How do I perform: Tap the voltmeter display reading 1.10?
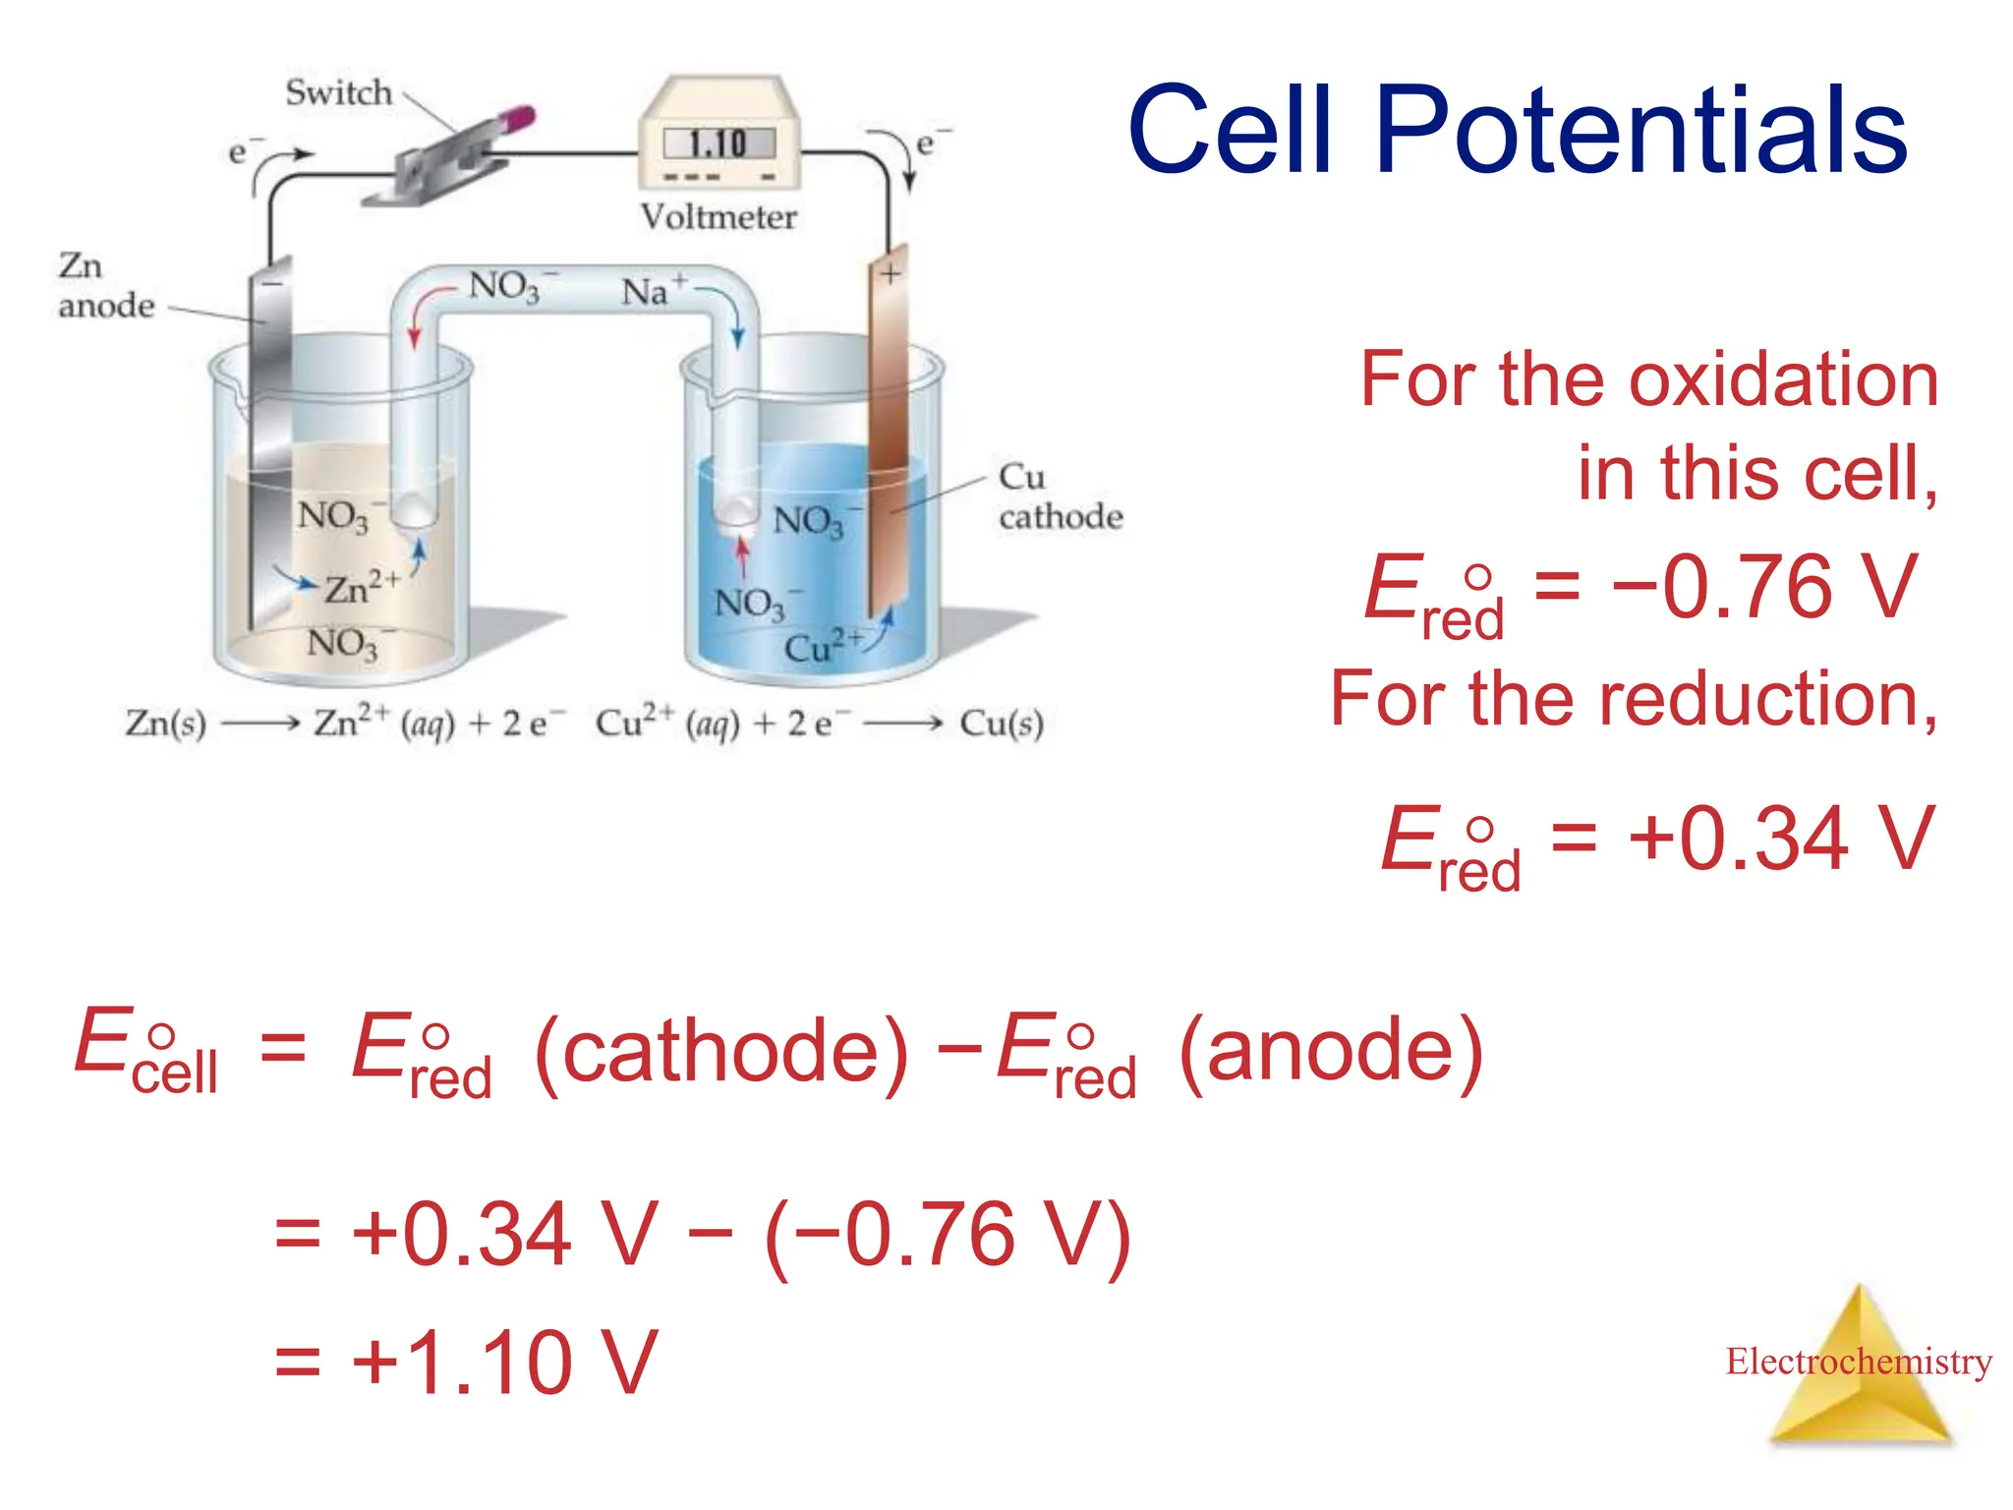719,145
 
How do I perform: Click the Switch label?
338,92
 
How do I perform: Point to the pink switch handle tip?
518,120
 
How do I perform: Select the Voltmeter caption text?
719,216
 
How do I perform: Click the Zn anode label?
103,285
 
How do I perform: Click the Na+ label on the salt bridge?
653,291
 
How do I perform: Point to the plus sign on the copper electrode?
890,274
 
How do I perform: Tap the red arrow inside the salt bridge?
417,324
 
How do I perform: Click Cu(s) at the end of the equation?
1001,724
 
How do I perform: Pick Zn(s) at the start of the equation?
165,724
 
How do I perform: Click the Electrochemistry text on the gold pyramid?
1858,1362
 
